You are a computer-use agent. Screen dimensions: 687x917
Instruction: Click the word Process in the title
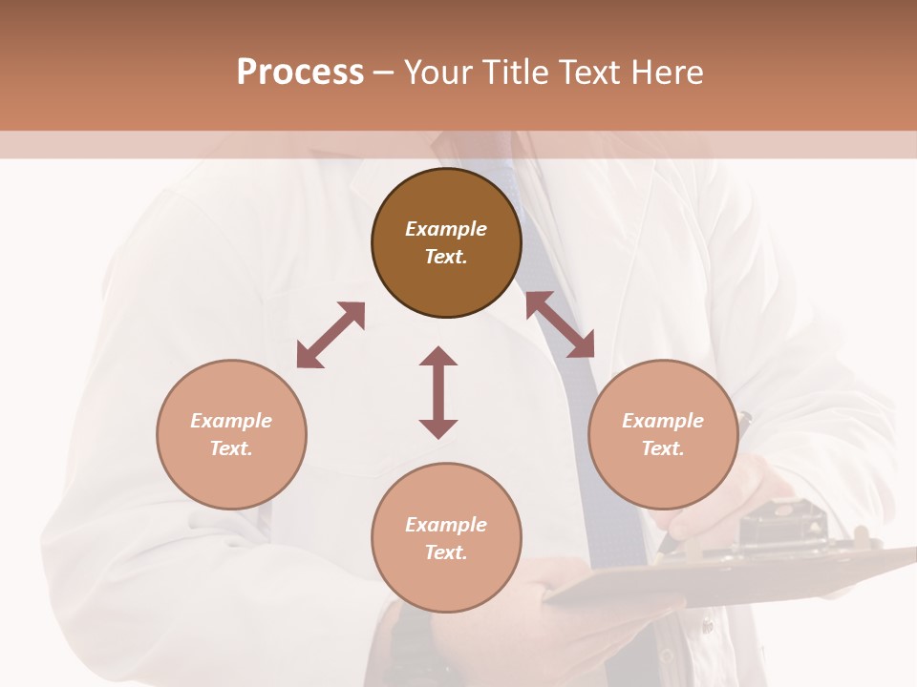[x=300, y=73]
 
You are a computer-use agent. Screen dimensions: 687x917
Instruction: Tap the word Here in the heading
[x=661, y=73]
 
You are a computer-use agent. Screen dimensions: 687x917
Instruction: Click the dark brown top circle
[x=446, y=242]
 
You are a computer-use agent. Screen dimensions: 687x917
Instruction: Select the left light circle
[x=231, y=434]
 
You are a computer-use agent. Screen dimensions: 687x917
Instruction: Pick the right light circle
[x=663, y=434]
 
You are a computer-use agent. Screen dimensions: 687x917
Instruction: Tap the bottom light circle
[x=446, y=538]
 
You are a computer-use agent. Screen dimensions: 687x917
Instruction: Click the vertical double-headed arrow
[x=438, y=392]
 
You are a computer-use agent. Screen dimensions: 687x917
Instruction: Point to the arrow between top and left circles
[x=331, y=335]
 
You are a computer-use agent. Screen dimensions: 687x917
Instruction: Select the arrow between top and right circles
[x=560, y=324]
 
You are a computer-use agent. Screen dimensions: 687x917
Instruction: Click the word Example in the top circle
[x=446, y=229]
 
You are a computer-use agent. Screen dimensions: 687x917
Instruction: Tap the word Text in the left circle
[x=231, y=448]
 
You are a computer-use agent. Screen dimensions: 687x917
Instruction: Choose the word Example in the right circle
[x=663, y=421]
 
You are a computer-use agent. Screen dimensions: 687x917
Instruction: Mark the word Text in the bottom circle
[x=446, y=552]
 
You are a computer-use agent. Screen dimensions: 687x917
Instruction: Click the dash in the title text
[x=384, y=73]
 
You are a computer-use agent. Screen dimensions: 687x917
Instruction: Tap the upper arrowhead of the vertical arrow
[x=438, y=357]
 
